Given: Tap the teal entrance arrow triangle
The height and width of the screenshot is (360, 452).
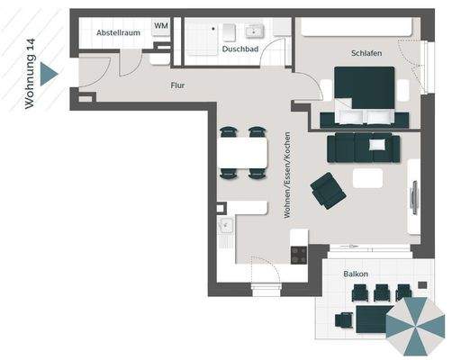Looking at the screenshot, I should tap(50, 74).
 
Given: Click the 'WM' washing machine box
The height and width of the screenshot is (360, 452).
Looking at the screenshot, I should tap(160, 26).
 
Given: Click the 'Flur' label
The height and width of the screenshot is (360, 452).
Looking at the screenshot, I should tap(178, 85).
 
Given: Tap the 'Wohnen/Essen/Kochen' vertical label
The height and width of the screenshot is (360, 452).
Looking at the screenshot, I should tap(286, 175).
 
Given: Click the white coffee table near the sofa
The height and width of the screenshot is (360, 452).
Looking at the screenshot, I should tap(367, 178).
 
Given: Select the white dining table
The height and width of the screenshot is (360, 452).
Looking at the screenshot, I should tap(243, 154).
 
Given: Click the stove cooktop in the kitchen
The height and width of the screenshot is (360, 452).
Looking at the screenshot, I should tap(298, 255).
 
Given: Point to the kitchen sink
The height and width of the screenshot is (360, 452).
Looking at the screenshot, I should tap(225, 230).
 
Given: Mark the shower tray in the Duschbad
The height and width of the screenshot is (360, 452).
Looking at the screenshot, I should tap(203, 38).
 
